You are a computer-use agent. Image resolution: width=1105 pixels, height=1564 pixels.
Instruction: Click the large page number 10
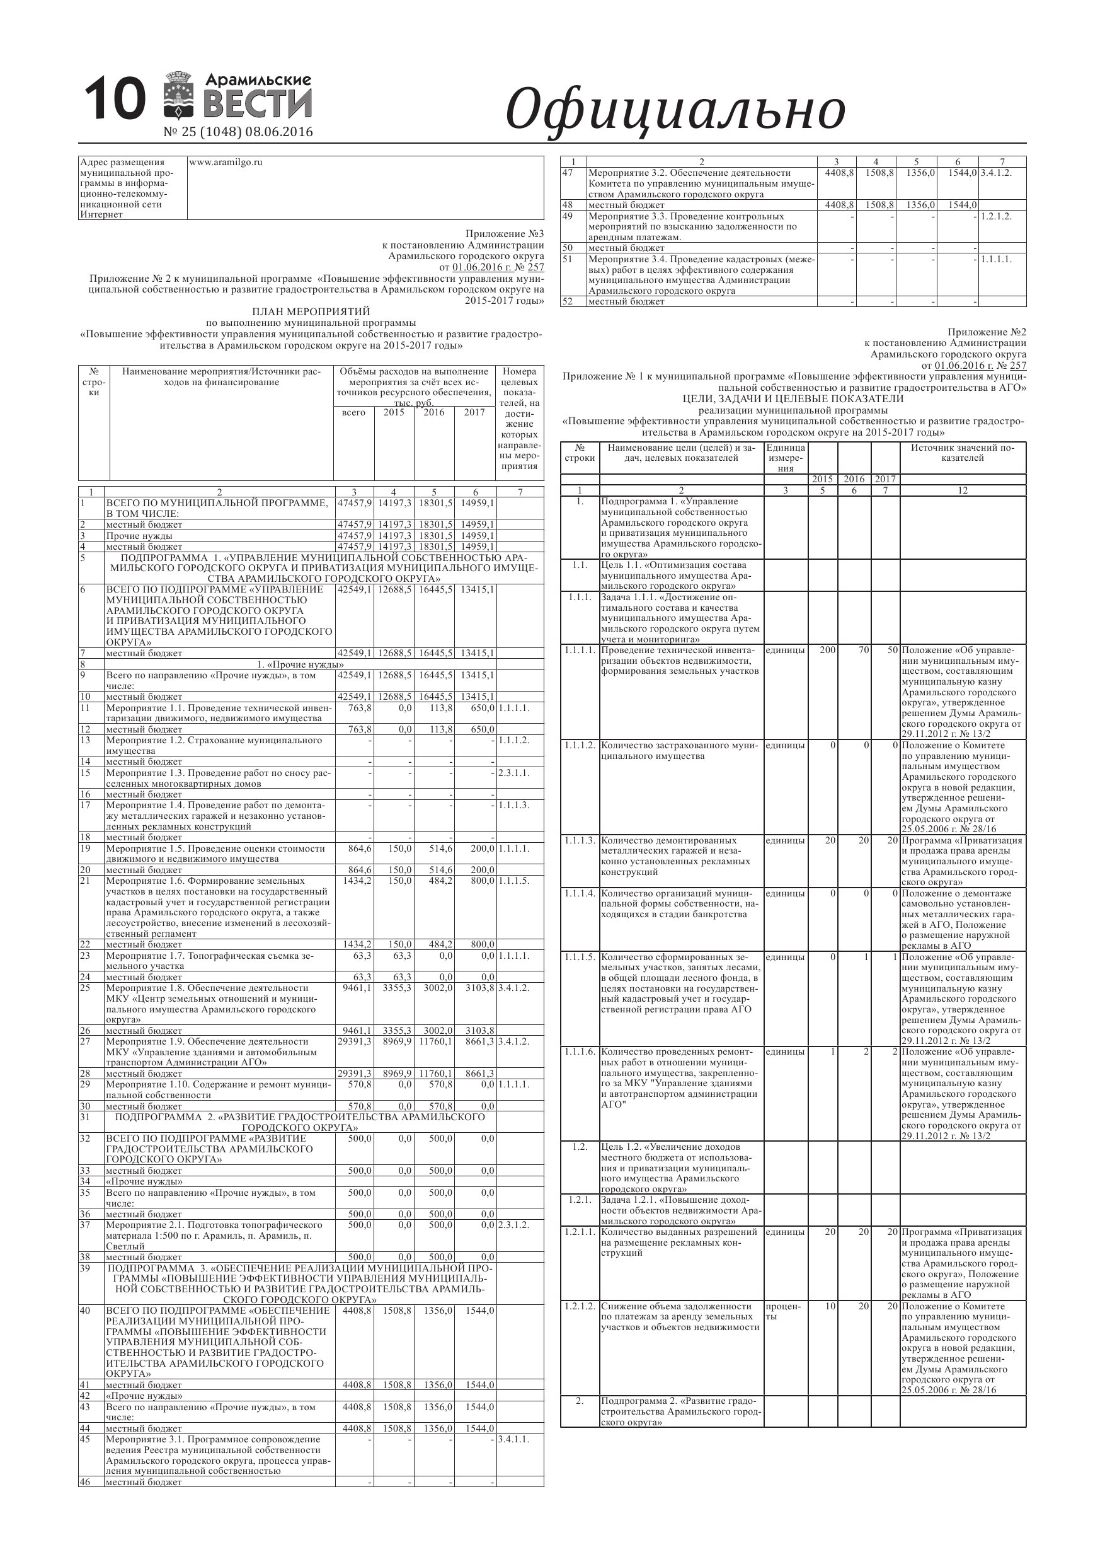pyautogui.click(x=115, y=100)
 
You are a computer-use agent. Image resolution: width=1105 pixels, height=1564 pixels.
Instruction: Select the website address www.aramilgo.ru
pyautogui.click(x=226, y=163)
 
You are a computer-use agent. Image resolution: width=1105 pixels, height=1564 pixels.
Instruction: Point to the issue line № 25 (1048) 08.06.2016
pyautogui.click(x=238, y=132)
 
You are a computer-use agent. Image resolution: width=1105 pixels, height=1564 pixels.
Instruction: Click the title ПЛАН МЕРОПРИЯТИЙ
pyautogui.click(x=311, y=312)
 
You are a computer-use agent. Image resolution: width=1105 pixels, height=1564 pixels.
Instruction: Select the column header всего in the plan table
pyautogui.click(x=353, y=413)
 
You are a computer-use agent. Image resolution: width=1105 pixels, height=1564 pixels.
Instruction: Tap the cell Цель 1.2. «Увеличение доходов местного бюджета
pyautogui.click(x=681, y=1167)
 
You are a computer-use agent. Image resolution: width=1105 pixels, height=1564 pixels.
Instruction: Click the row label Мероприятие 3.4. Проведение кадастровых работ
pyautogui.click(x=701, y=274)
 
